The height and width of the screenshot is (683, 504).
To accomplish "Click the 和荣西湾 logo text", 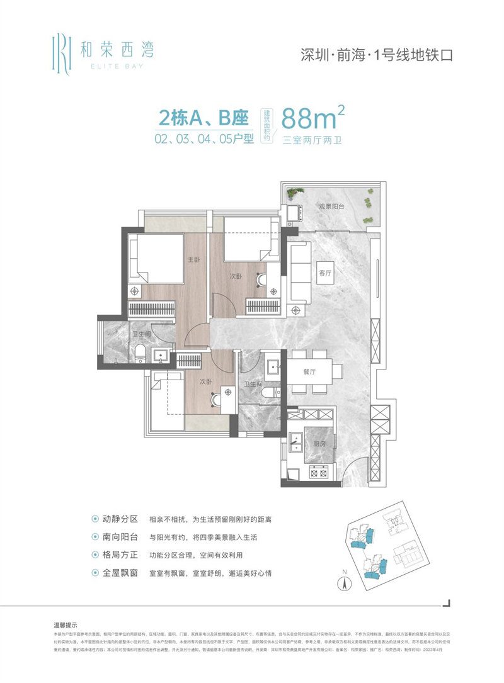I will (x=117, y=47).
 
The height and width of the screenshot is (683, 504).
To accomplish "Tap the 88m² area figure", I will (x=313, y=118).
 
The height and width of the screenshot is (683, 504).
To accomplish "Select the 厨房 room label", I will (x=319, y=443).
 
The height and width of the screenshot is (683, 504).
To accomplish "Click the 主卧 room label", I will (x=193, y=260).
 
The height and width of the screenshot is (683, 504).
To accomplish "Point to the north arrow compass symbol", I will (x=345, y=580).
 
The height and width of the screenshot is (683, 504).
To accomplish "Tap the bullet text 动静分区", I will (x=120, y=519).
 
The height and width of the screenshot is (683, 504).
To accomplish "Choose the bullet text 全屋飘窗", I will (x=120, y=573).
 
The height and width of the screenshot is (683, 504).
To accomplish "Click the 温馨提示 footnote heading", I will (x=66, y=625).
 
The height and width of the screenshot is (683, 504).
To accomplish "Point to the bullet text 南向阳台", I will (x=120, y=538).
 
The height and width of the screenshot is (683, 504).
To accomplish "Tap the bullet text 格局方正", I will (x=120, y=555).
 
